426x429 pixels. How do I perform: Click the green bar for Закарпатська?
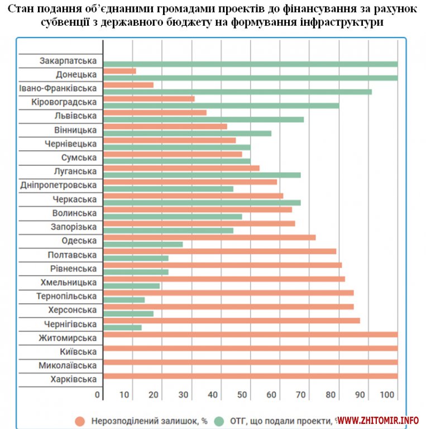click(251, 64)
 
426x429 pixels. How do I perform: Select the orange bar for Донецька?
click(120, 71)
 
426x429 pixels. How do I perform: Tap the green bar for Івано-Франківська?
click(238, 92)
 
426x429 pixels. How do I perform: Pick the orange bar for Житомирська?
click(251, 335)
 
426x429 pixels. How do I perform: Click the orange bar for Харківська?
click(251, 376)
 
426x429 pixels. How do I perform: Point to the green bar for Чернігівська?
click(123, 327)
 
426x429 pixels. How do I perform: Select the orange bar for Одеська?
click(210, 237)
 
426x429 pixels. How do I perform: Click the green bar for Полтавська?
click(136, 258)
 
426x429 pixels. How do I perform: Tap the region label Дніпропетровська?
click(58, 185)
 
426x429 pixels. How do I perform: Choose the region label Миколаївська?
click(68, 365)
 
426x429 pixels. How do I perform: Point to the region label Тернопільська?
click(66, 296)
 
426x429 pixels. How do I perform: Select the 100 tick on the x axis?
click(387, 395)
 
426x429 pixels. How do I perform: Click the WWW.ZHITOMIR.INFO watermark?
click(378, 420)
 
